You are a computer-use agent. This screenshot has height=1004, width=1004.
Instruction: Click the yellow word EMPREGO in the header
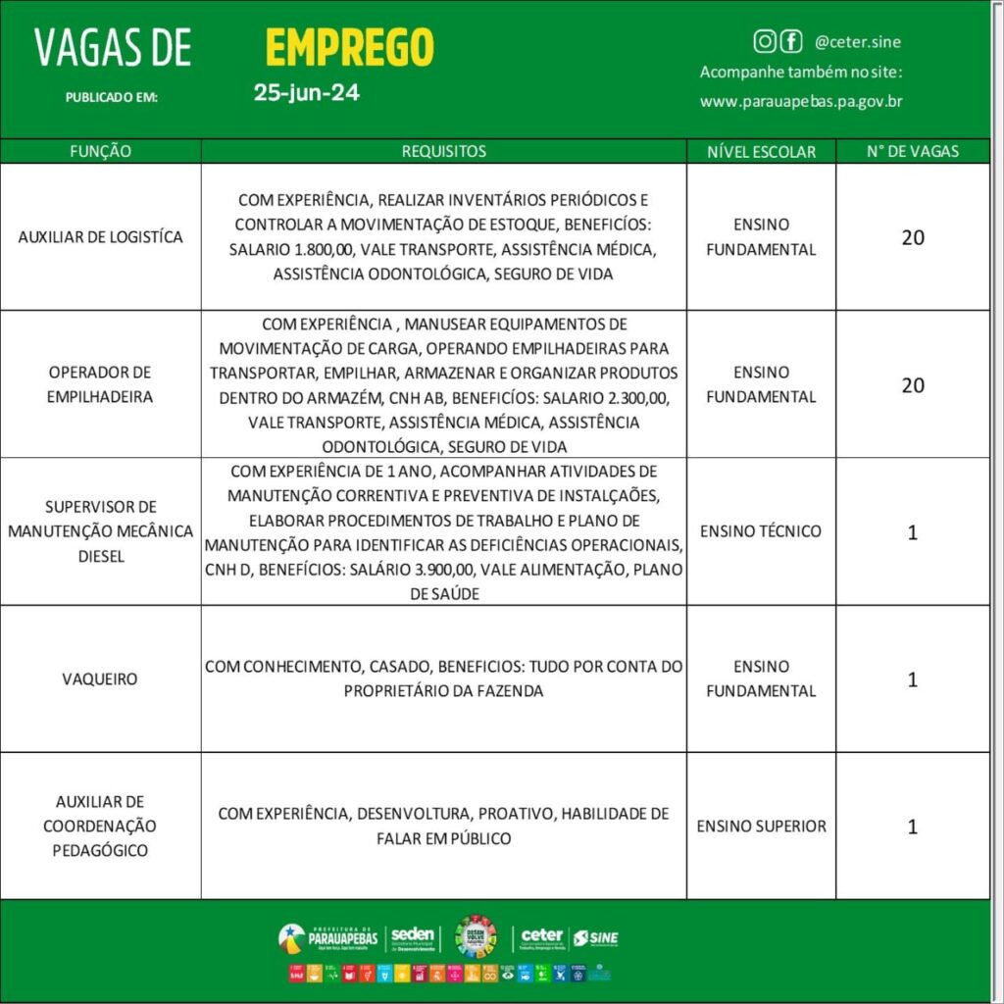[x=349, y=47]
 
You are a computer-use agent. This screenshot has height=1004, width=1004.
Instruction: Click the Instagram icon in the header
[x=765, y=41]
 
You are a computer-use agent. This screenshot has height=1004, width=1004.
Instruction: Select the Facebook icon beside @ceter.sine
[x=790, y=41]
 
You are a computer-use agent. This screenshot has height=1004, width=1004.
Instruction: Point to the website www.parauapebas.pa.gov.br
[x=801, y=101]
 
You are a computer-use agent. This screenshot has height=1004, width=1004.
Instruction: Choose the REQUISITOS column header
[x=443, y=152]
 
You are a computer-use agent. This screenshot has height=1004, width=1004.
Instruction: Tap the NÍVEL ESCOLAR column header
[x=761, y=152]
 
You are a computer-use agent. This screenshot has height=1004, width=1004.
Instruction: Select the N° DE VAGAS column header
[x=912, y=152]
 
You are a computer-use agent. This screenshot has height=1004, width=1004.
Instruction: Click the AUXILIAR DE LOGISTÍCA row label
[x=100, y=237]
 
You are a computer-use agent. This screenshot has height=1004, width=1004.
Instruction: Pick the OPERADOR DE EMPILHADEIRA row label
[x=100, y=384]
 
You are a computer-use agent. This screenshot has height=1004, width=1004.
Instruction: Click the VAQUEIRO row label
[x=100, y=678]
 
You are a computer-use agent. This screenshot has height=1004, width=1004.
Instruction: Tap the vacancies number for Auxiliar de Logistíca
[x=912, y=237]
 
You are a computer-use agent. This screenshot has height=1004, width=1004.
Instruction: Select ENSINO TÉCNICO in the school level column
[x=761, y=531]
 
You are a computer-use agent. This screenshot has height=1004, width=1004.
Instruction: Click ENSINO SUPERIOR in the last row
[x=761, y=826]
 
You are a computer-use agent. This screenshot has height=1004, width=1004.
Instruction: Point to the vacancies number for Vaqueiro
[x=912, y=678]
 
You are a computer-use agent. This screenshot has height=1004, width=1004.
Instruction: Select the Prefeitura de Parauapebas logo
[x=328, y=937]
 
